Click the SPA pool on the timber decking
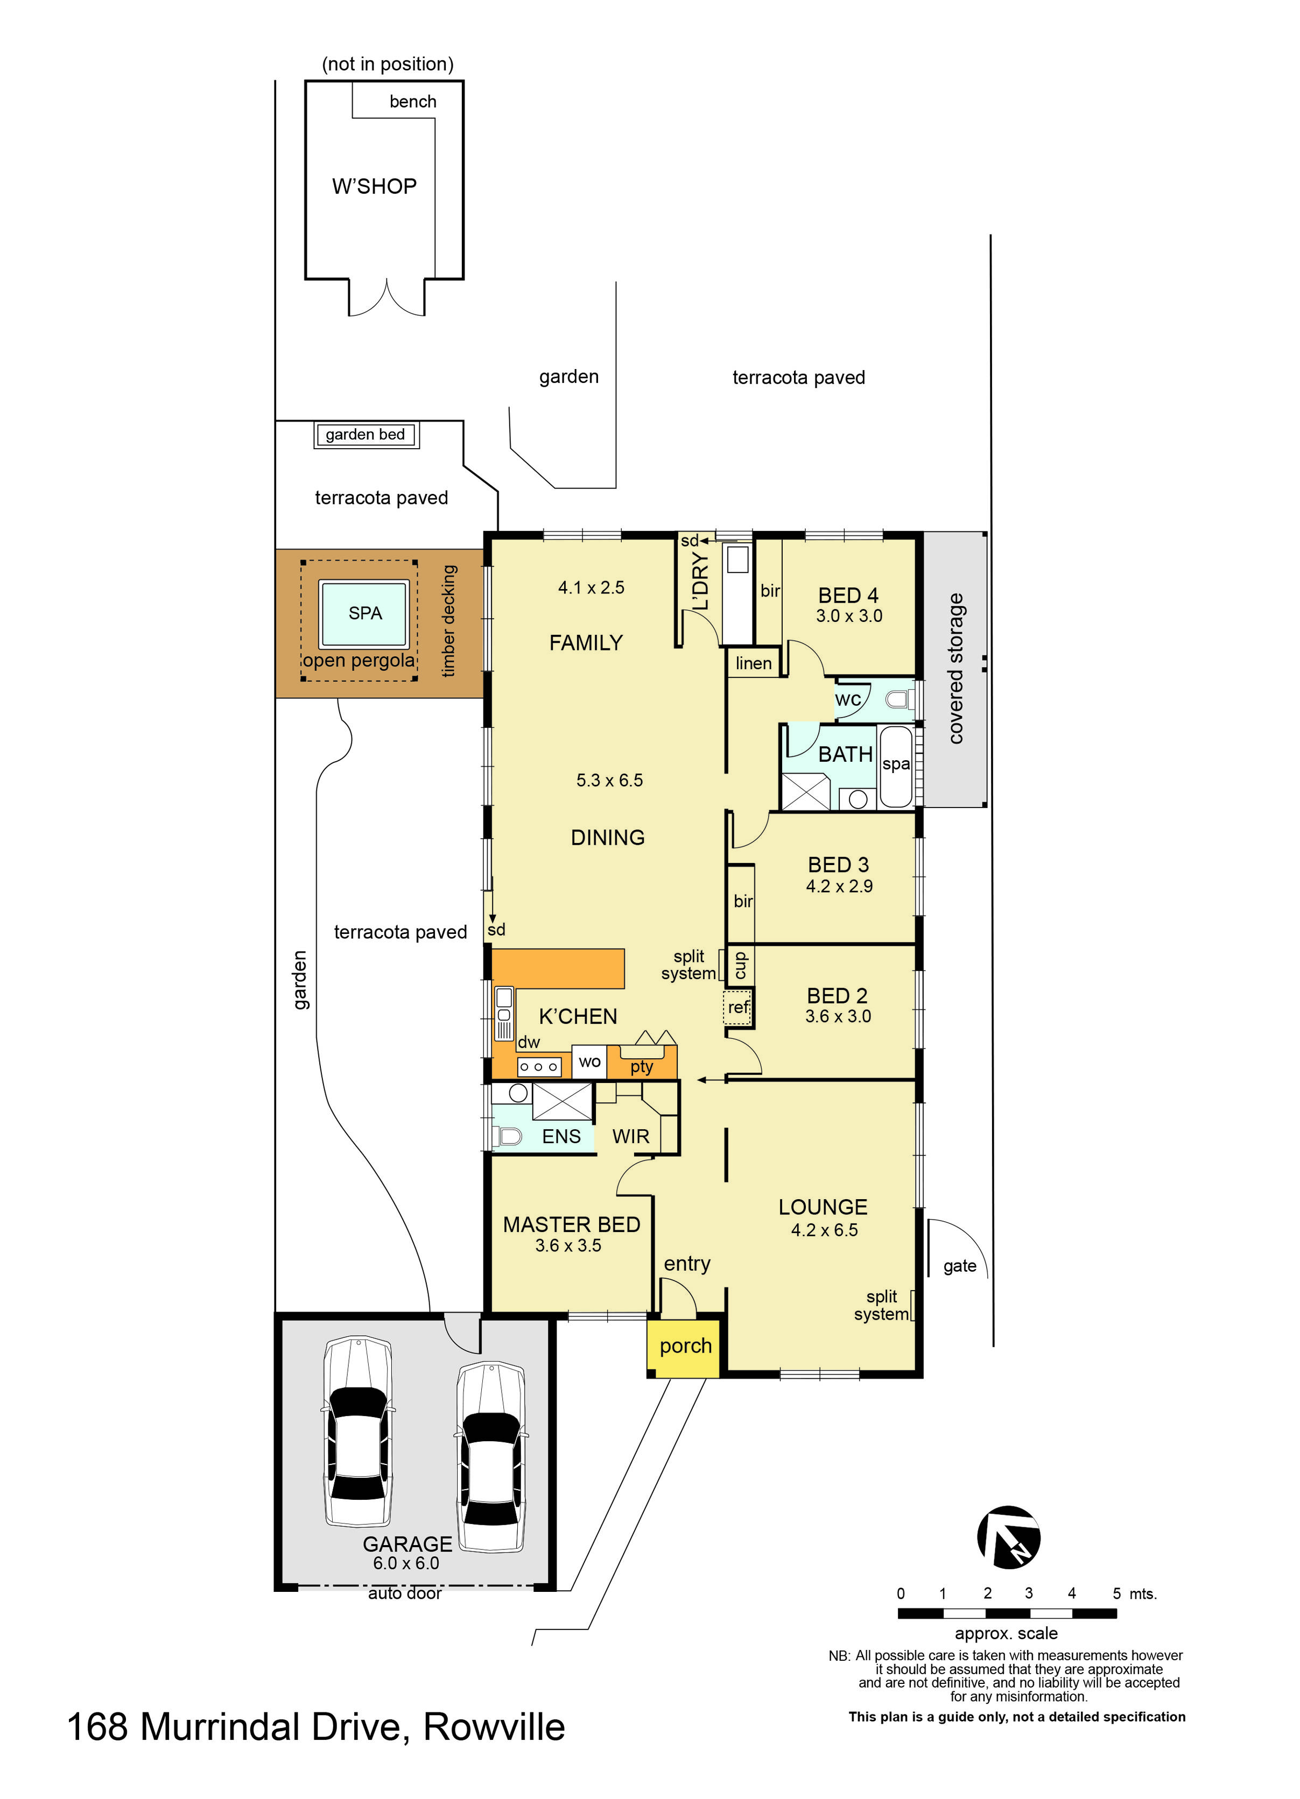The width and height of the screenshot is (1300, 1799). [x=364, y=613]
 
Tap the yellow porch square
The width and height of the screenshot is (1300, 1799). [x=684, y=1347]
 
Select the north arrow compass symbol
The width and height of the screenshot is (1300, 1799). [x=1007, y=1537]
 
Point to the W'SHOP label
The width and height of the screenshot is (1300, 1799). [x=374, y=186]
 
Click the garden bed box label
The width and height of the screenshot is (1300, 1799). [x=365, y=435]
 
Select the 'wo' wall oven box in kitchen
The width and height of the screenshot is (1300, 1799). [x=589, y=1062]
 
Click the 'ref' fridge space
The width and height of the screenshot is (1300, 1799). [x=737, y=1008]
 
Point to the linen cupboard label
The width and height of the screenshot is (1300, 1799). [x=753, y=663]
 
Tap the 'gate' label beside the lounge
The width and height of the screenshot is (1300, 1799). [x=959, y=1266]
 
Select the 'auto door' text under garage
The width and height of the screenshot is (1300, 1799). [x=405, y=1593]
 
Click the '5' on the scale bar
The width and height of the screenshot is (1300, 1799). [x=1116, y=1593]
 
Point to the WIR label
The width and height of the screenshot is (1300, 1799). [x=630, y=1137]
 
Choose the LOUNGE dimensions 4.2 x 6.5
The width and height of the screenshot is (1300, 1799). [x=824, y=1230]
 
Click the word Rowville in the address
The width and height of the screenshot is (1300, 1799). [x=494, y=1727]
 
